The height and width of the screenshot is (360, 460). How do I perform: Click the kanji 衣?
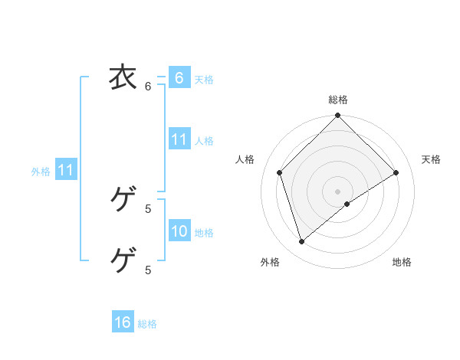click(x=123, y=77)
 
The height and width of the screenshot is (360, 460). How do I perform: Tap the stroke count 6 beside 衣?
click(x=148, y=87)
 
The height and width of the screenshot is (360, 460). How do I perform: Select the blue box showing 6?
click(x=179, y=78)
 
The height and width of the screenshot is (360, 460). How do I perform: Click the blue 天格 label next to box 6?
click(x=204, y=80)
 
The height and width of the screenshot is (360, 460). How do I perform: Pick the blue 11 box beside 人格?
click(x=179, y=139)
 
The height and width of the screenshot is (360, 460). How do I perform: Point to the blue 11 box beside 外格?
click(x=65, y=171)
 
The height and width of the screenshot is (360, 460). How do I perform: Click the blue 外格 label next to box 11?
click(x=41, y=172)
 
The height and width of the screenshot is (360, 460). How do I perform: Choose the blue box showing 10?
click(x=179, y=231)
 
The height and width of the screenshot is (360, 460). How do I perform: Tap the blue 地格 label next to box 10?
click(x=204, y=233)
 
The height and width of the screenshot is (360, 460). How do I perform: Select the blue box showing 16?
click(x=123, y=322)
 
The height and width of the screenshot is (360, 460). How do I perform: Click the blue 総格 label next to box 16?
click(x=147, y=324)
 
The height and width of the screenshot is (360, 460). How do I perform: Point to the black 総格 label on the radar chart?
click(x=337, y=100)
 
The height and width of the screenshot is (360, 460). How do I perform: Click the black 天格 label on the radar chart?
click(x=431, y=159)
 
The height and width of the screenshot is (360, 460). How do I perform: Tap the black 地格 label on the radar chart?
click(x=402, y=262)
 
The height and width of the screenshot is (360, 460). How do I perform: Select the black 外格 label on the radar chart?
click(x=270, y=262)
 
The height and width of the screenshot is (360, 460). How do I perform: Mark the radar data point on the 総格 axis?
click(x=337, y=116)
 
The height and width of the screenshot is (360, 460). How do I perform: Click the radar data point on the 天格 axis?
click(x=396, y=172)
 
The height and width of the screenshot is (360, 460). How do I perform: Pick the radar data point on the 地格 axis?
click(x=347, y=204)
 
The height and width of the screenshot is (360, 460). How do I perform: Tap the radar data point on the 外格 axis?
click(x=302, y=242)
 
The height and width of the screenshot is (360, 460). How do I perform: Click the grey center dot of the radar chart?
click(x=337, y=191)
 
